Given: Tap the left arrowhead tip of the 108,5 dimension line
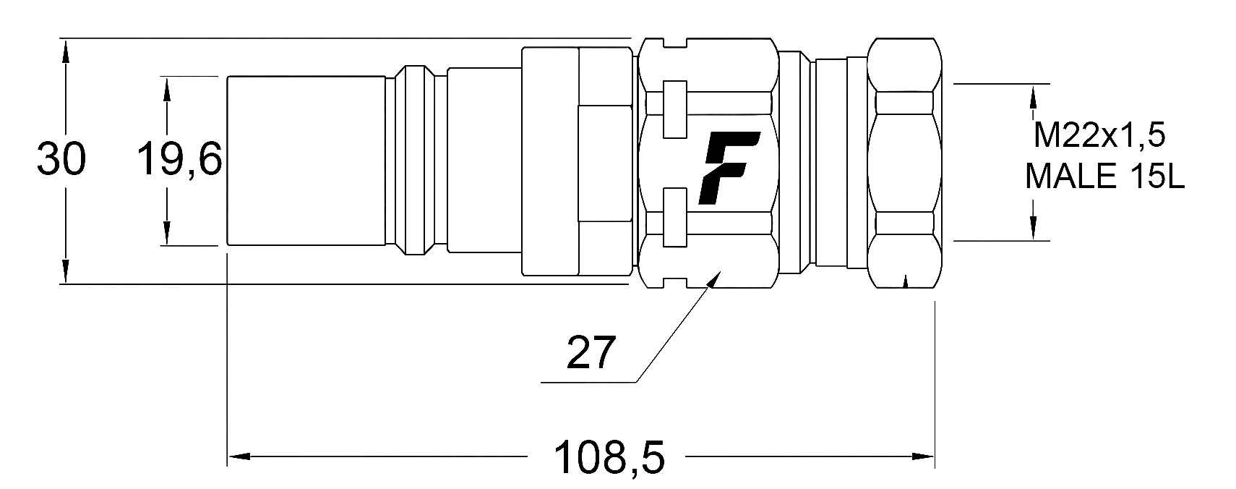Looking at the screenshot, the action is [x=228, y=456].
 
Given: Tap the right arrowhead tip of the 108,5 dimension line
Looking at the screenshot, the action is [x=934, y=456].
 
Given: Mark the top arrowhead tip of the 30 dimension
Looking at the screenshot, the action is [x=65, y=40].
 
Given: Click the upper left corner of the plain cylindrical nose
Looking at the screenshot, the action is [x=228, y=76].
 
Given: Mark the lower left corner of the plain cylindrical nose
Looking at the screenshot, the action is [x=228, y=244].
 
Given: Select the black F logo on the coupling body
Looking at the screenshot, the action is [x=729, y=168].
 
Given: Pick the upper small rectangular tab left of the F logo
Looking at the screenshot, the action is [x=675, y=109].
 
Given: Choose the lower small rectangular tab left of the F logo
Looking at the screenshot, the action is [x=675, y=217].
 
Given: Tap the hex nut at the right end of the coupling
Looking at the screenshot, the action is [x=904, y=163].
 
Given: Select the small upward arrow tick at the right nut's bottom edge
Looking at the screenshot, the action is [x=905, y=281].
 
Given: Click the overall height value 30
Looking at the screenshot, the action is [x=61, y=160].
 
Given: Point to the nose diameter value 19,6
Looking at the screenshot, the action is [x=179, y=159].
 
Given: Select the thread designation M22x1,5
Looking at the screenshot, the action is [x=1099, y=135].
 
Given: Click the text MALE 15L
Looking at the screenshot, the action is [x=1104, y=177].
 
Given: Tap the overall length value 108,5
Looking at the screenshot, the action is [x=609, y=458].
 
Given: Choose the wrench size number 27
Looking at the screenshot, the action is [x=591, y=352].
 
